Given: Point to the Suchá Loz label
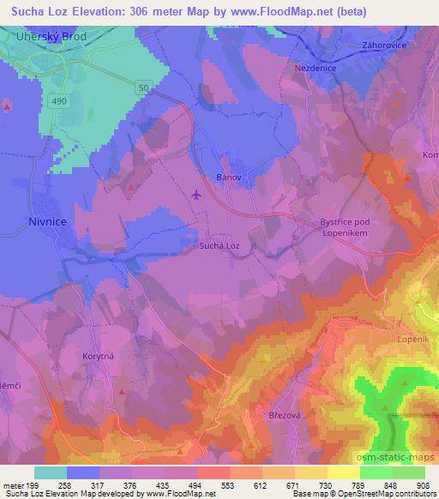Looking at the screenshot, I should coord(219,246).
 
